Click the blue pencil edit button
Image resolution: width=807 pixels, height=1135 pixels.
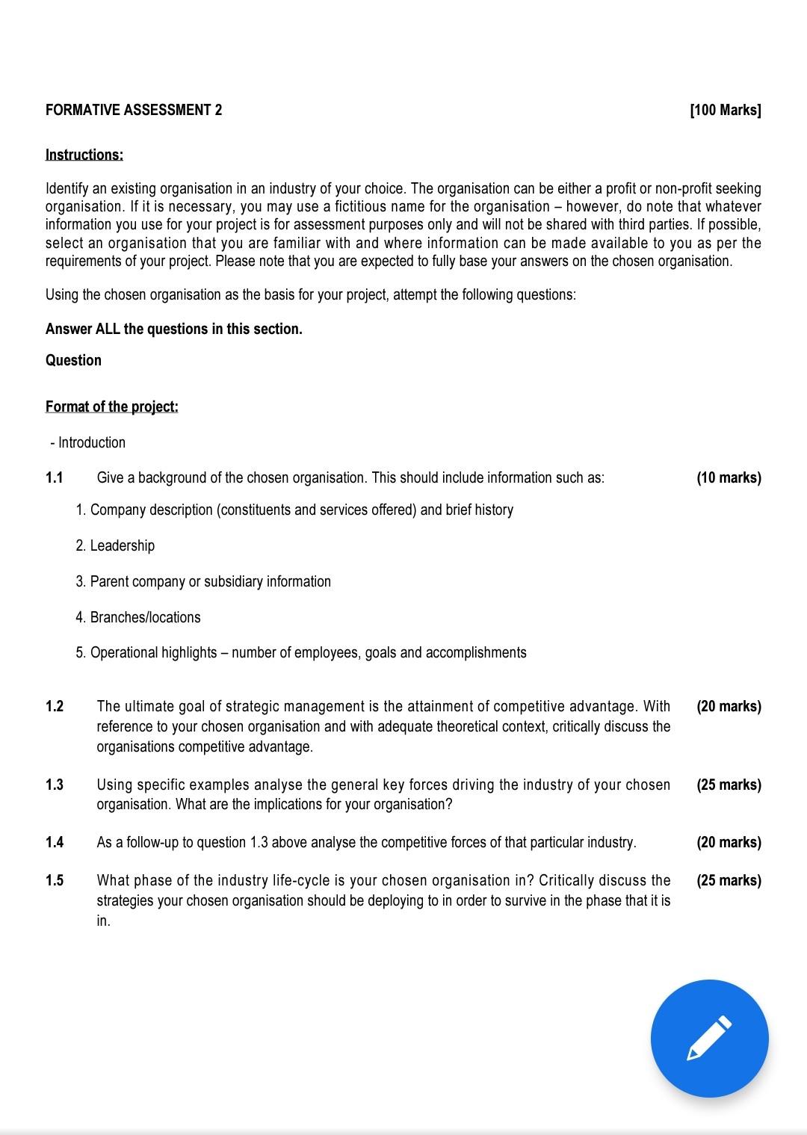pos(708,1038)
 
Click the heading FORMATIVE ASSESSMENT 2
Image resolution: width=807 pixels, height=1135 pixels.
pos(134,111)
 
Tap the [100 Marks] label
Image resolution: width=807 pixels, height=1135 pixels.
pos(725,111)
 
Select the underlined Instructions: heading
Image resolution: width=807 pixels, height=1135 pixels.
pos(84,155)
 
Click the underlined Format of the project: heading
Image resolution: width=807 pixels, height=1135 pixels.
pos(112,406)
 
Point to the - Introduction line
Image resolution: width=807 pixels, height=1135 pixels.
pos(88,442)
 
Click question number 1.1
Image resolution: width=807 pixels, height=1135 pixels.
pos(55,478)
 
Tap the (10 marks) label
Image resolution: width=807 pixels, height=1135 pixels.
pos(729,478)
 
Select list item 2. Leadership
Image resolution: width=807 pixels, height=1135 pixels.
pos(115,545)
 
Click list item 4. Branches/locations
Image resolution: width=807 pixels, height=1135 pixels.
pos(138,617)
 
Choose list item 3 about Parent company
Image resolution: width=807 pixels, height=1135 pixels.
pos(203,581)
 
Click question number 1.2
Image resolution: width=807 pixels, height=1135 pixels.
pos(55,706)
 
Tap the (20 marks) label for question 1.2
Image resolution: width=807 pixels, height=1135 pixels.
pos(729,706)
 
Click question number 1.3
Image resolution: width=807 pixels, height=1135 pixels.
pos(55,785)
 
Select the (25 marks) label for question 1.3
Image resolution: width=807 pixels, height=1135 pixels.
pos(729,785)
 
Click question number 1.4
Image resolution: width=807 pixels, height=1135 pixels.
pos(55,842)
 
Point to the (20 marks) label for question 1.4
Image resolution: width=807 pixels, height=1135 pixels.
pos(729,842)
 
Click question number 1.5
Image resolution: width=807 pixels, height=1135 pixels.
pos(55,880)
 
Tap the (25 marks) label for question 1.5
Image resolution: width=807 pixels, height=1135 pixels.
pos(729,880)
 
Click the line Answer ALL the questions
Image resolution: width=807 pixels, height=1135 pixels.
pos(174,329)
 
